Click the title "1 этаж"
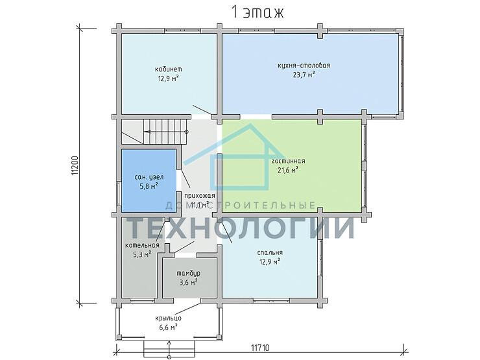(x=257, y=12)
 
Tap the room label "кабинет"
(x=169, y=69)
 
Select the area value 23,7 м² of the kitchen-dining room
(x=304, y=75)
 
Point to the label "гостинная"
(x=288, y=161)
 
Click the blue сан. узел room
(x=149, y=180)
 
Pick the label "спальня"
(x=270, y=253)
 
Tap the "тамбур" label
(x=189, y=273)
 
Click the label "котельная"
(x=142, y=245)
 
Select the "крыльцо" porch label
(x=168, y=318)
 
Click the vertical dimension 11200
(x=75, y=166)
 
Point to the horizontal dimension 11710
(x=260, y=348)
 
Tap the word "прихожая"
(x=199, y=195)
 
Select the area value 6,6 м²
(x=168, y=328)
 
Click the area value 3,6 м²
(x=188, y=282)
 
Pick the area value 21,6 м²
(x=288, y=170)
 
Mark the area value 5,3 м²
(x=142, y=254)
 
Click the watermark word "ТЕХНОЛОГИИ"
(x=241, y=227)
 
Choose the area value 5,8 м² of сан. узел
(x=149, y=186)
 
